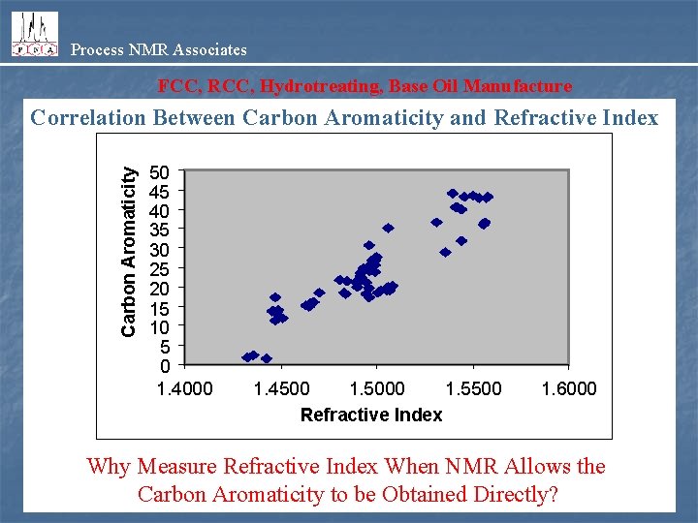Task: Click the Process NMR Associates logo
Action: click(x=34, y=34)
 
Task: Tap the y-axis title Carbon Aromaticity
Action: click(x=128, y=253)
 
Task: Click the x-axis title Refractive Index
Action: click(x=371, y=415)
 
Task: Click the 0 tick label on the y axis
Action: click(x=166, y=366)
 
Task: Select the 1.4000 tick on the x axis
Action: click(x=185, y=388)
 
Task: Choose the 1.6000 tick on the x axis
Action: click(x=569, y=388)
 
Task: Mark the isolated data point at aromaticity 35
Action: click(x=388, y=229)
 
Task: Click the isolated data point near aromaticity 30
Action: click(x=368, y=246)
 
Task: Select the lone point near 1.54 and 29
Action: click(x=445, y=252)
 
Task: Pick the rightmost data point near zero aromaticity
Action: click(x=267, y=358)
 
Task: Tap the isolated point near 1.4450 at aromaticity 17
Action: click(x=275, y=297)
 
